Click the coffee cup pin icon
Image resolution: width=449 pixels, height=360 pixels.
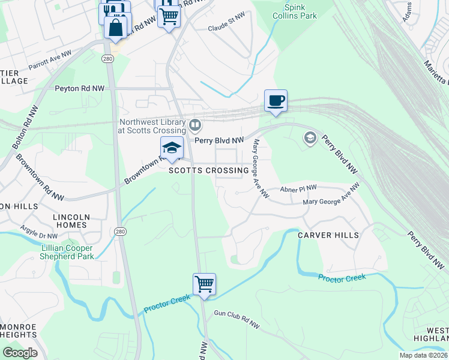[276, 100]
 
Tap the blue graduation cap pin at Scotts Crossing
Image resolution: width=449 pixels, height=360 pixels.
[172, 148]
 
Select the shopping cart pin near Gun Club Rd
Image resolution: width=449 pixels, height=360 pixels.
[204, 284]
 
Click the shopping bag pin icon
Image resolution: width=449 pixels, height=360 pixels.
[115, 27]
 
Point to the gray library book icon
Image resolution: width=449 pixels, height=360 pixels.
[194, 125]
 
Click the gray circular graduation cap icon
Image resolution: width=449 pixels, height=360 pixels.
[310, 139]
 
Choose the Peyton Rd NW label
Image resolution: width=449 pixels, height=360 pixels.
[79, 88]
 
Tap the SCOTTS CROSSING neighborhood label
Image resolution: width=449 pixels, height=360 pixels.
[208, 170]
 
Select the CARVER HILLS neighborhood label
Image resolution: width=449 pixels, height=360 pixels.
[328, 235]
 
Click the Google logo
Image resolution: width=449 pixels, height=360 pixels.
[20, 352]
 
